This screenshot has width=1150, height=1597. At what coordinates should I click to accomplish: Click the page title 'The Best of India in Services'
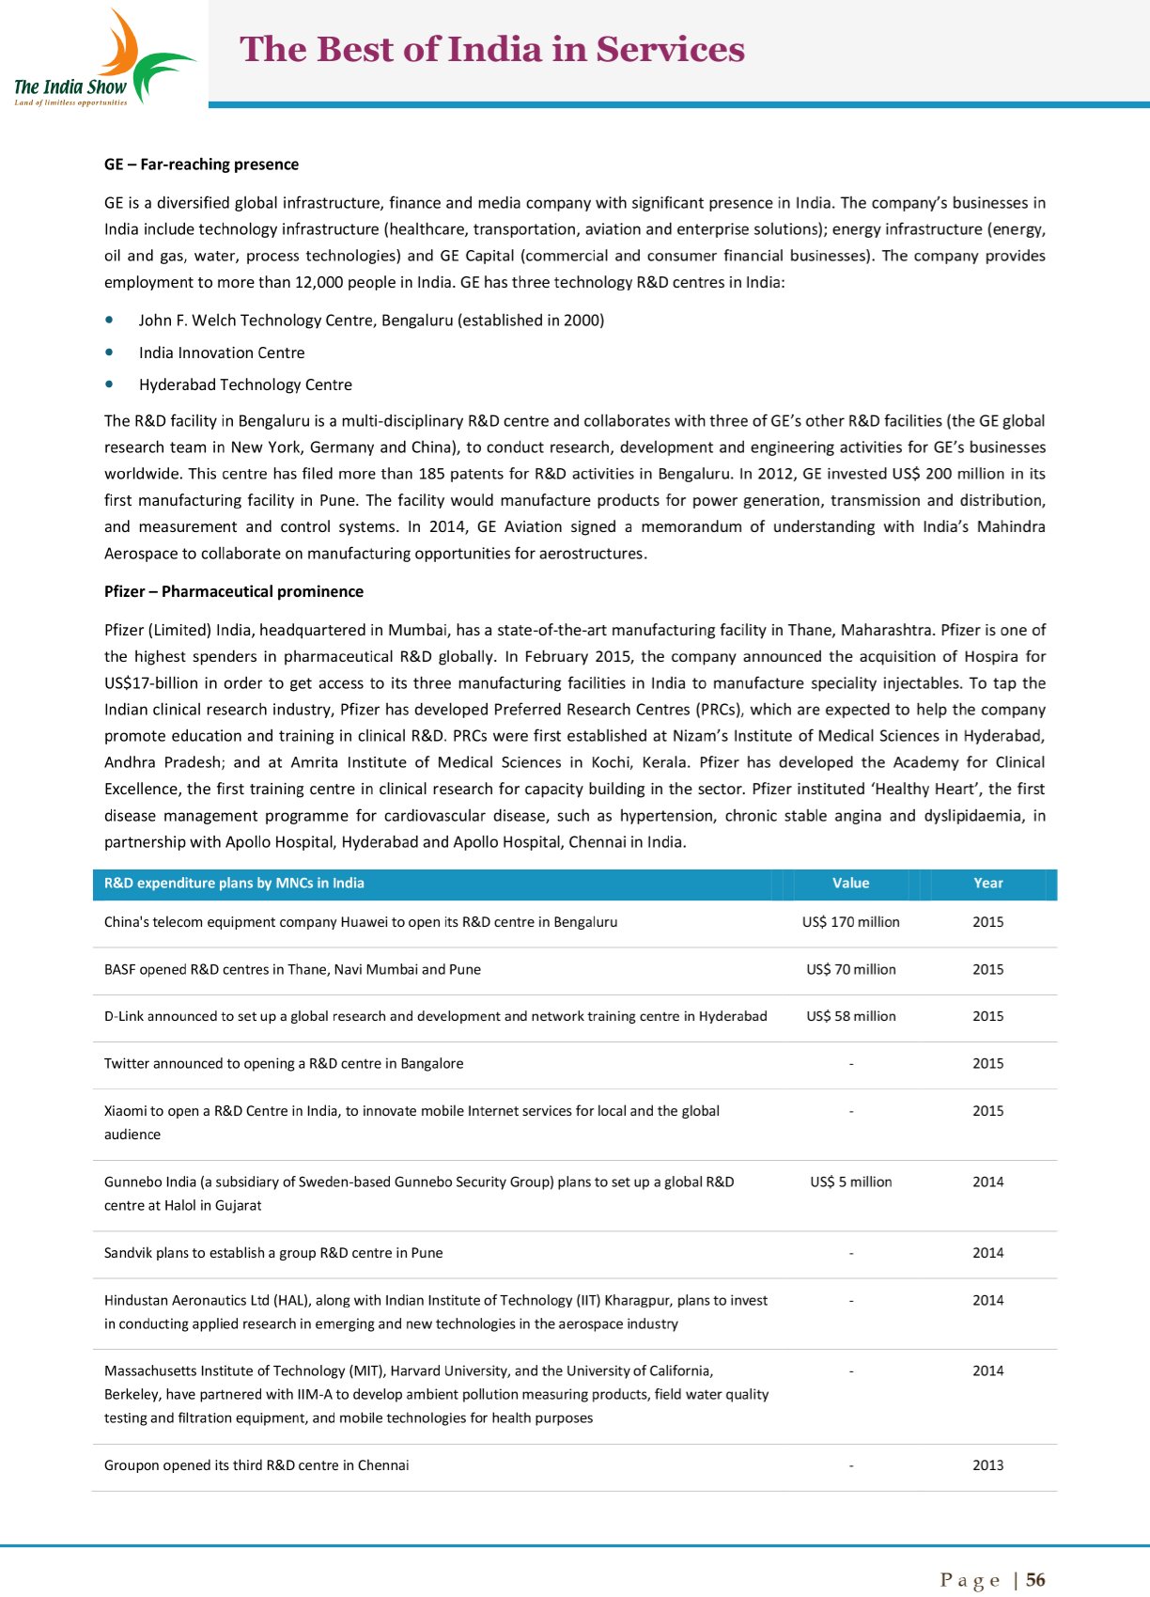pyautogui.click(x=492, y=50)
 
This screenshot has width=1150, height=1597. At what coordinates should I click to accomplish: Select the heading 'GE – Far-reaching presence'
pyautogui.click(x=201, y=164)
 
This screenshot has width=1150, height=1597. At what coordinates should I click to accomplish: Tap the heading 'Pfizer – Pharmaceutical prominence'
pyautogui.click(x=233, y=591)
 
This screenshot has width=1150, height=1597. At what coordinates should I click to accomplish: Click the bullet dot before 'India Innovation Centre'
pyautogui.click(x=111, y=352)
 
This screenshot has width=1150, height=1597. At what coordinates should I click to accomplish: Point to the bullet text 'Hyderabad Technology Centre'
pyautogui.click(x=245, y=384)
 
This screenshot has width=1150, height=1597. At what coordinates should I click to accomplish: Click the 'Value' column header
pyautogui.click(x=850, y=884)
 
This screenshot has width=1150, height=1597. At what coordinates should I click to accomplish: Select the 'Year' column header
pyautogui.click(x=987, y=884)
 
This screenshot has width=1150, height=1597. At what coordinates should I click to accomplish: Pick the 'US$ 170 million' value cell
pyautogui.click(x=850, y=922)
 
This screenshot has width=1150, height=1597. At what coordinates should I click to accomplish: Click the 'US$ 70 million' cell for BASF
pyautogui.click(x=850, y=969)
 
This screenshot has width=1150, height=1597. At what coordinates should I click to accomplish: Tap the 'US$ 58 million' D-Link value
pyautogui.click(x=850, y=1016)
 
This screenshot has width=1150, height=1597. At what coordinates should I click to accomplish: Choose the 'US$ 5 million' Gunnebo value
pyautogui.click(x=850, y=1182)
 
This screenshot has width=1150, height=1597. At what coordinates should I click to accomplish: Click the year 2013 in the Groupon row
pyautogui.click(x=987, y=1465)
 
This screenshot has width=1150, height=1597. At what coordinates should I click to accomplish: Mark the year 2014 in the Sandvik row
pyautogui.click(x=987, y=1253)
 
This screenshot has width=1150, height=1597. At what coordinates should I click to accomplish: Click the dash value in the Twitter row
pyautogui.click(x=850, y=1064)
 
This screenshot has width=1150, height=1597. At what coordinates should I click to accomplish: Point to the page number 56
pyautogui.click(x=1035, y=1580)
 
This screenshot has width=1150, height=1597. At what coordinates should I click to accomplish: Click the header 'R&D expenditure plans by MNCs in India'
pyautogui.click(x=234, y=884)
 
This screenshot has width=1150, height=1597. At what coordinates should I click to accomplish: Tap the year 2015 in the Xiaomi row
pyautogui.click(x=987, y=1111)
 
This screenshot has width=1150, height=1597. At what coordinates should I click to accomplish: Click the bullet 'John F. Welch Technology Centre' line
pyautogui.click(x=371, y=321)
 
